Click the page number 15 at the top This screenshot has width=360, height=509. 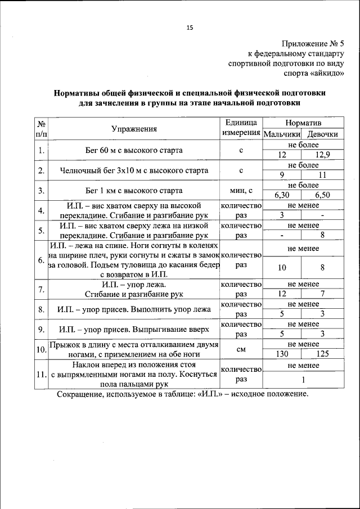pyautogui.click(x=190, y=28)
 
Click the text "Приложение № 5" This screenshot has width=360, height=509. pyautogui.click(x=313, y=44)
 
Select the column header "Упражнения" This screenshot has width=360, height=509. pyautogui.click(x=133, y=129)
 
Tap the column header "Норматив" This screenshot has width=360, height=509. pyautogui.click(x=304, y=122)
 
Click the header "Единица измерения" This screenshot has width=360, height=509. pyautogui.click(x=240, y=128)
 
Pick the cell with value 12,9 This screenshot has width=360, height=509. pyautogui.click(x=323, y=155)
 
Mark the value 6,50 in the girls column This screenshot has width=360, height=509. pyautogui.click(x=323, y=195)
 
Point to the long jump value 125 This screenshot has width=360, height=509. pyautogui.click(x=323, y=354)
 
